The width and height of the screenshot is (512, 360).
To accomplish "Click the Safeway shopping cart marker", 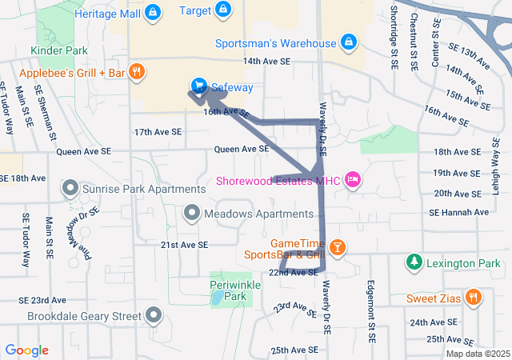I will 198,86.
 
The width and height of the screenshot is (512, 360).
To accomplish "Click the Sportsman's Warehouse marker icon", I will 348,41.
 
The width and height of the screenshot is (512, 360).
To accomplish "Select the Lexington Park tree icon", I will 413,262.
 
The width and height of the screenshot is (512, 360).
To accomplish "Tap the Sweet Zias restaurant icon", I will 474,298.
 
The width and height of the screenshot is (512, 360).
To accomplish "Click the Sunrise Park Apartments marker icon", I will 70,189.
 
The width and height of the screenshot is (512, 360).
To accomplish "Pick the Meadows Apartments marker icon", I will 192,214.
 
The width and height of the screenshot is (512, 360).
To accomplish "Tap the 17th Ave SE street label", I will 158,132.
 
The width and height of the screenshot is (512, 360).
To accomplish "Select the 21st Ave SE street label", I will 184,245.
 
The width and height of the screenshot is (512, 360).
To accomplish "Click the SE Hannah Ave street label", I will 458,213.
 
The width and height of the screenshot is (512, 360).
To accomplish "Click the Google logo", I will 27,350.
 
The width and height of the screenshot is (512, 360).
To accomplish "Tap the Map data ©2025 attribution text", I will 477,354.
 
